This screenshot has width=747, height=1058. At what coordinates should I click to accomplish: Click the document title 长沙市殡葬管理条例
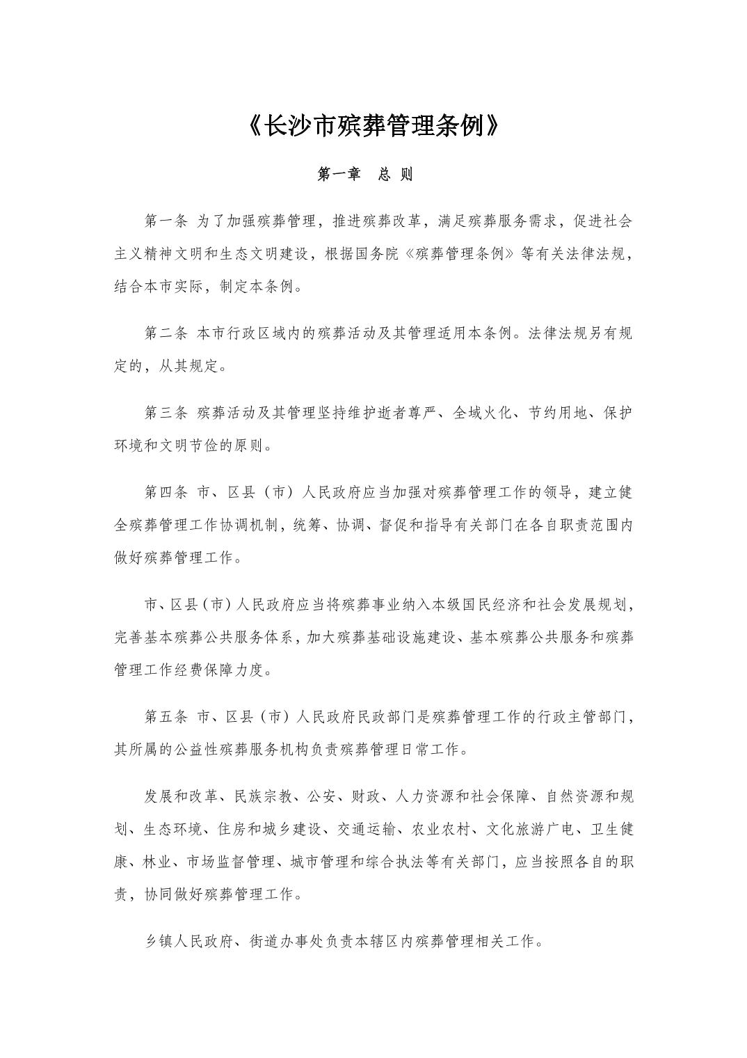[x=373, y=126]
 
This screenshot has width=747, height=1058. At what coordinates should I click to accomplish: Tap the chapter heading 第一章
[x=339, y=175]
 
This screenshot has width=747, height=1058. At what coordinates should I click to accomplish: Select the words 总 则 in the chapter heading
[x=396, y=175]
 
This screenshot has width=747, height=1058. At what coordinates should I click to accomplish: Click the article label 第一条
[x=166, y=221]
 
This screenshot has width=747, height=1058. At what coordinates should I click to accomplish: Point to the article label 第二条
[x=166, y=333]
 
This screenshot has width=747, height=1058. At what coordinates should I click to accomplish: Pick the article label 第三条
[x=166, y=413]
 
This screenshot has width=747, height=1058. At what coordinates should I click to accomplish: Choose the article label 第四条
[x=166, y=493]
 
